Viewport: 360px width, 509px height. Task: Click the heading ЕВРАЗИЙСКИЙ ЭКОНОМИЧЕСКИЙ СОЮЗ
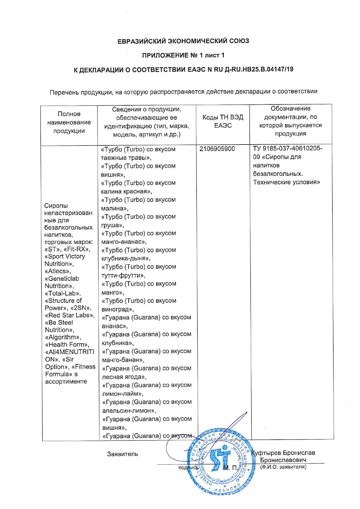183,41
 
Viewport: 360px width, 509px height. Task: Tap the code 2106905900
217,149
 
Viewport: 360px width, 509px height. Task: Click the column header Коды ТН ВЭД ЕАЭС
223,121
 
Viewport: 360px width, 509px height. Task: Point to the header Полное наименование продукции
69,122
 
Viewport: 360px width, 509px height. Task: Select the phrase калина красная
126,192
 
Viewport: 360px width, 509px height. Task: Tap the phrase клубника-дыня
125,259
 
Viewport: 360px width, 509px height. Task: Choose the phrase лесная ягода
123,377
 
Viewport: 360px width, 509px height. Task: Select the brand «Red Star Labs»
70,315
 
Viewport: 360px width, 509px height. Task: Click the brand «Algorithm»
63,337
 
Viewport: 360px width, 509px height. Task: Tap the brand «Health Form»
67,345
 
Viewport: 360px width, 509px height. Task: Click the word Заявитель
123,454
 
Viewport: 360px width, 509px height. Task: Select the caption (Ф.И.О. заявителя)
283,467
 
